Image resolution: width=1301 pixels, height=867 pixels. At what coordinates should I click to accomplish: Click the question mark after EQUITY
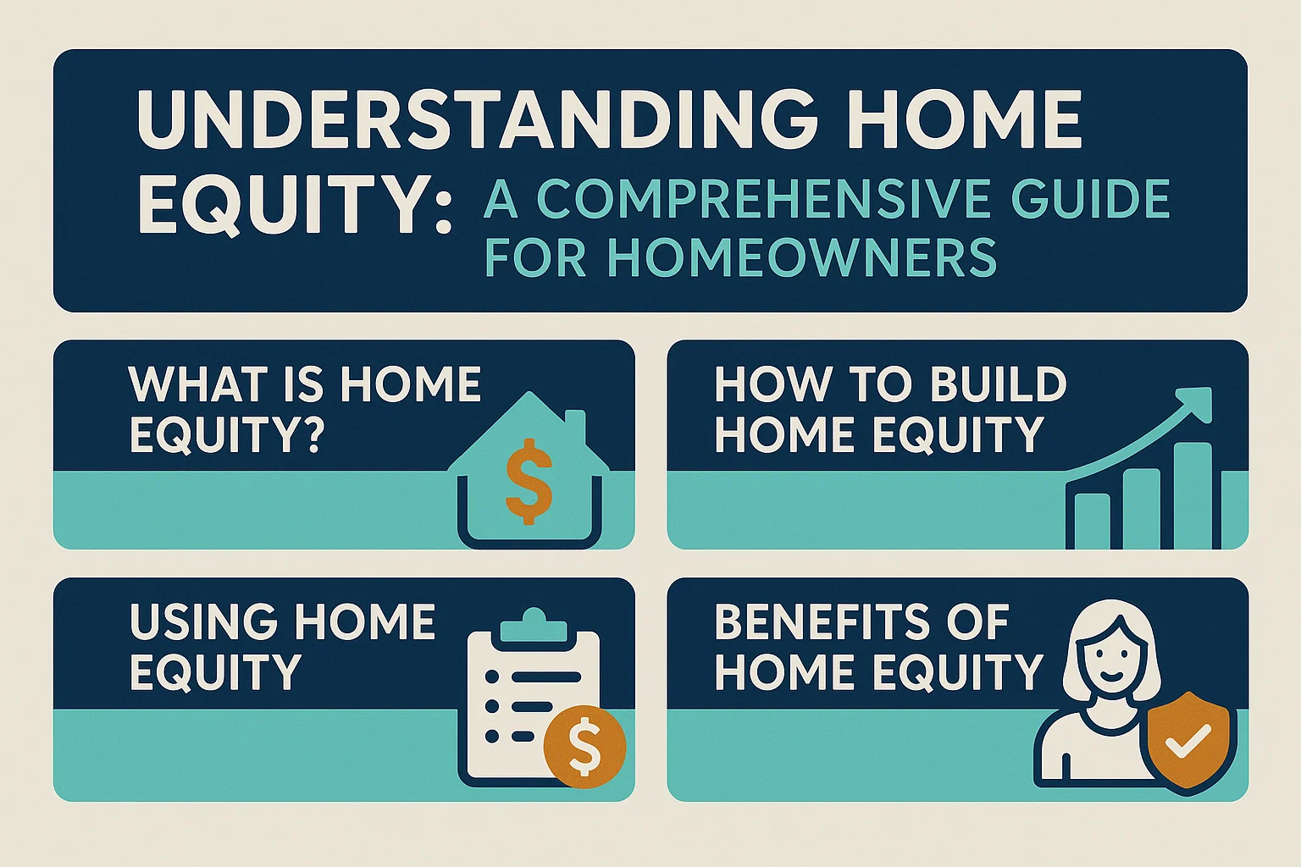coord(311,435)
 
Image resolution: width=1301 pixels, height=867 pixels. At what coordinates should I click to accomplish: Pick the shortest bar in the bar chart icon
coord(1092,520)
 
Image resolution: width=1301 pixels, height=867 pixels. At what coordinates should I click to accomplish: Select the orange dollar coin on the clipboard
coord(584,745)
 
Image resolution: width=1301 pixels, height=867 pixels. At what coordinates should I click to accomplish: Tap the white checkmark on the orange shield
coord(1187,744)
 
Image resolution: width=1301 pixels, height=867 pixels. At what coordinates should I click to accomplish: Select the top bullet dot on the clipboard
coord(491,677)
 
